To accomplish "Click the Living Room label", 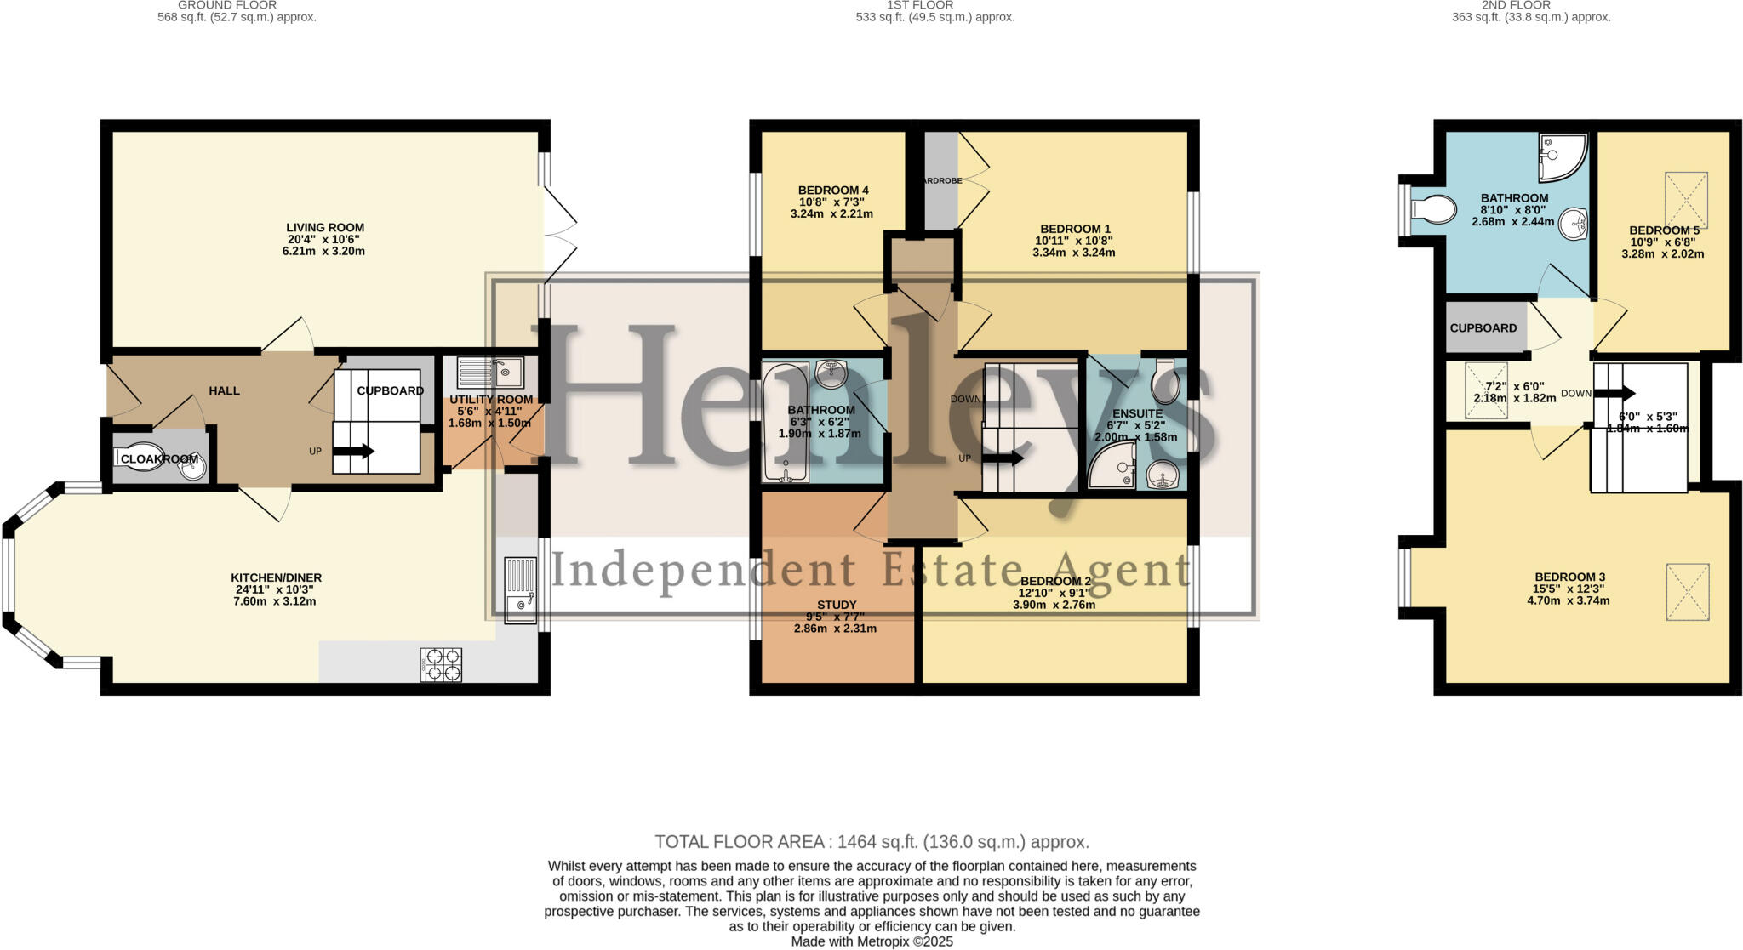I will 325,227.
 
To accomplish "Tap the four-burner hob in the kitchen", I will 441,665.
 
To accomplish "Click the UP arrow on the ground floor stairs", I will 352,452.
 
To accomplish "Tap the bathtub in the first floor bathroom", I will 785,422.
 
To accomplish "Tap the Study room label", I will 836,605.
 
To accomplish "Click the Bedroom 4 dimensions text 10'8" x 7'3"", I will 831,202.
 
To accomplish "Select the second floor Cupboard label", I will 1483,327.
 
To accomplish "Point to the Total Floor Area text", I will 871,842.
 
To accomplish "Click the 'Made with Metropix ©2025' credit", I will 871,941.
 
